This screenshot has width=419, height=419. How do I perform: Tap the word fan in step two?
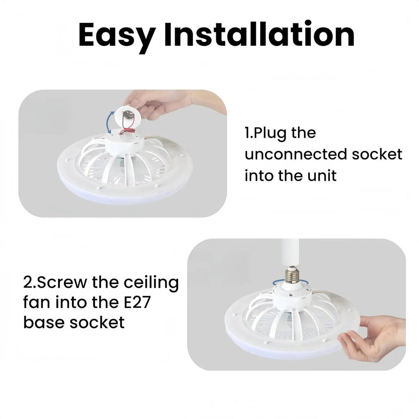click(37, 303)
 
